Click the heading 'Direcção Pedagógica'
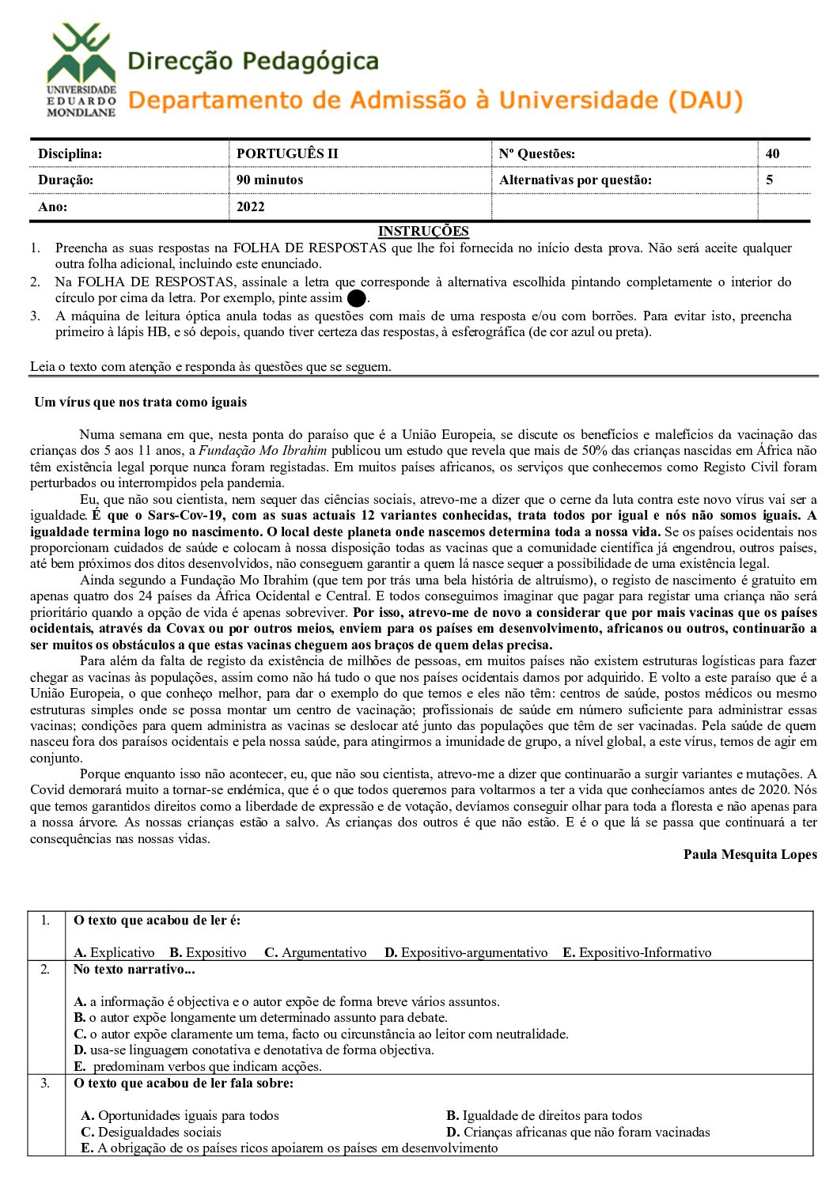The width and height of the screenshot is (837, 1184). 252,62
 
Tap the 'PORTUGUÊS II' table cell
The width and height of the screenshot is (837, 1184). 286,153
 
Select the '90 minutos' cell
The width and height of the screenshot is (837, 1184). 269,180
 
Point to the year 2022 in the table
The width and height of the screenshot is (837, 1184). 250,206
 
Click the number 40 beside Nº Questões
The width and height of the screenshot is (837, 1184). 772,153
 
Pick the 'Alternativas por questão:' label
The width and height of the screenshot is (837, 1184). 575,180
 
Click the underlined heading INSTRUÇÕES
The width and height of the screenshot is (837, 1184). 423,231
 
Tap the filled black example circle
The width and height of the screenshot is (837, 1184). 356,299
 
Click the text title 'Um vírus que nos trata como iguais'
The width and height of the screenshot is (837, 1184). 140,402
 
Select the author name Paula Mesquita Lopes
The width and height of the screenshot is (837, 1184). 750,854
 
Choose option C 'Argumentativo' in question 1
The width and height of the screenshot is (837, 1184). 316,952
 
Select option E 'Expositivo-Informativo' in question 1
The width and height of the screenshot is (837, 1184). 637,952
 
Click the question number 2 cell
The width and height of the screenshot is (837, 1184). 45,969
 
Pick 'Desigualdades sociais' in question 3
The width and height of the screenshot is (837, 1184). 151,1132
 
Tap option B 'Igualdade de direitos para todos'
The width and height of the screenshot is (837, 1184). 544,1115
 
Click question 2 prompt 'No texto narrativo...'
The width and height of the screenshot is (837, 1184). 134,969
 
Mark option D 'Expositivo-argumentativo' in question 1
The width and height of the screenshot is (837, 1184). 466,952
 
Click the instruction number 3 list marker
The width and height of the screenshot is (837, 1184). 36,316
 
